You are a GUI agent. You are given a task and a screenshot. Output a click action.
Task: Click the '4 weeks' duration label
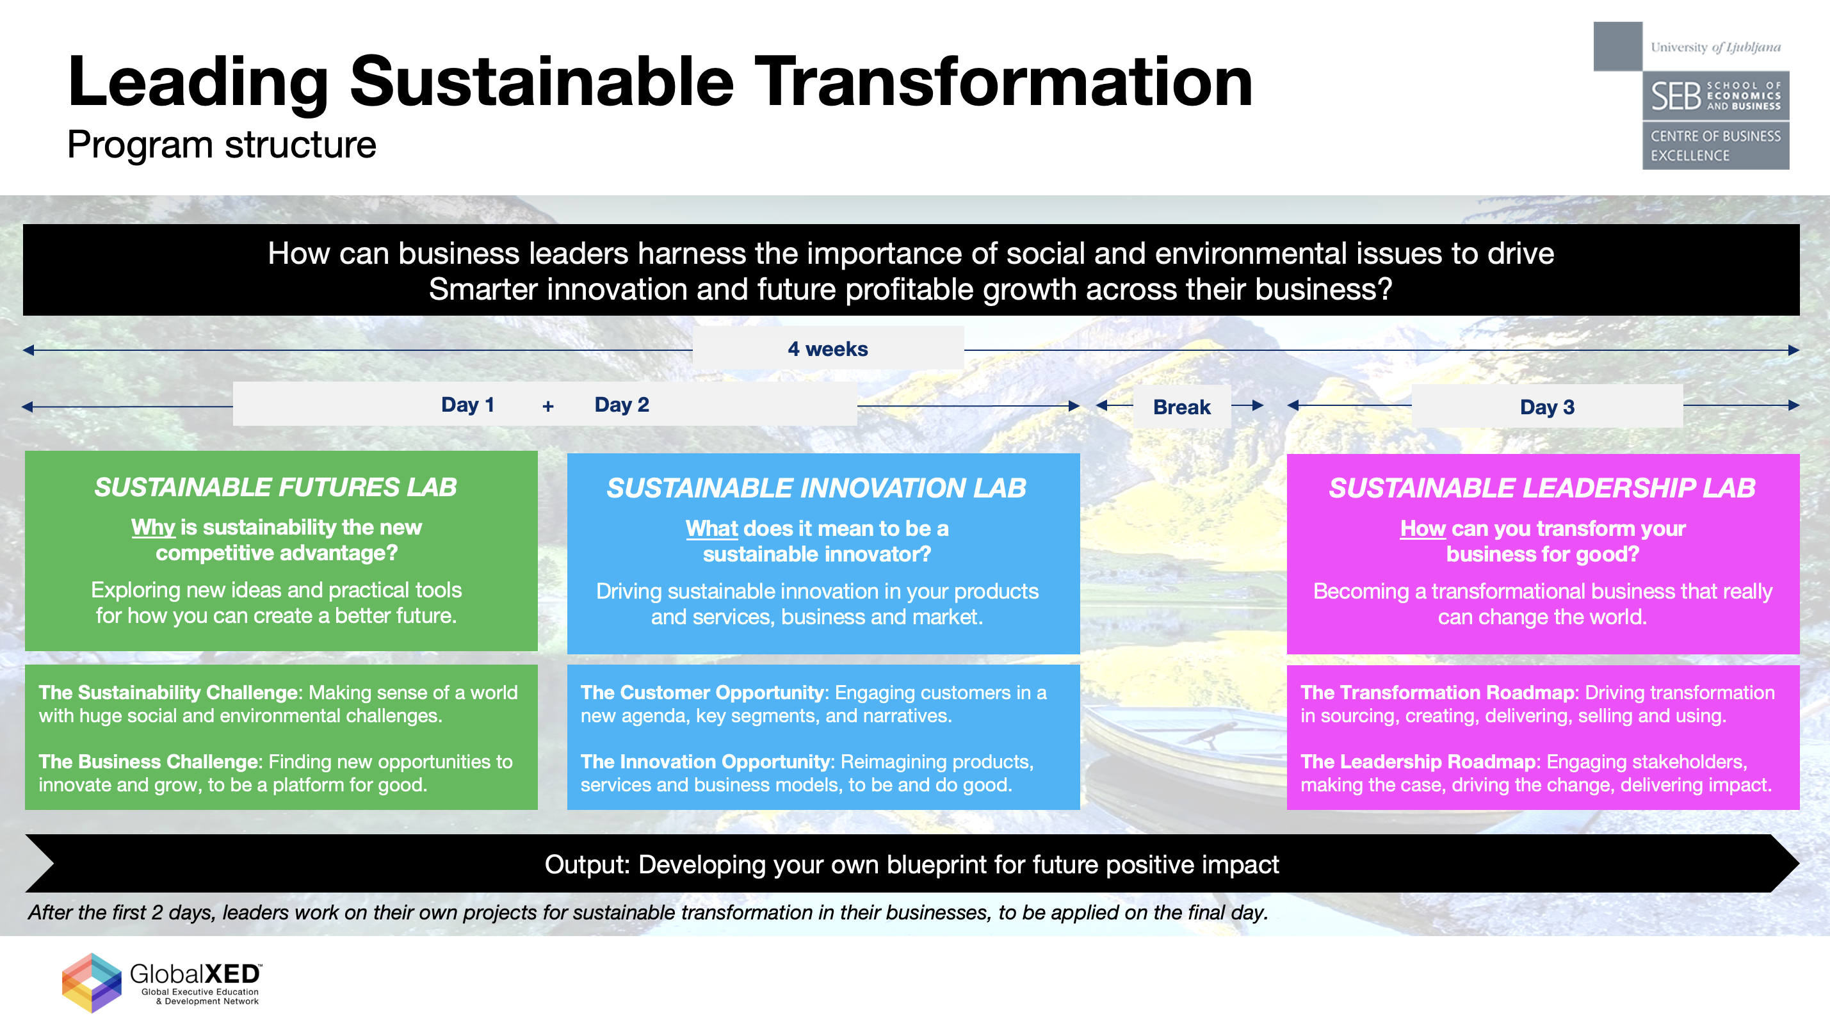coord(828,349)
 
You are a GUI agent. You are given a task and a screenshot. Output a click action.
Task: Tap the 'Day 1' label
coord(467,405)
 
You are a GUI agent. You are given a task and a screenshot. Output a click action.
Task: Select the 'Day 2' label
coord(622,405)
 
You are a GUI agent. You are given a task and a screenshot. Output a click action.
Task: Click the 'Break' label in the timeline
coord(1181,407)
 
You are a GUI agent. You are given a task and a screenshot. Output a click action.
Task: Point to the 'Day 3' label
coord(1546,407)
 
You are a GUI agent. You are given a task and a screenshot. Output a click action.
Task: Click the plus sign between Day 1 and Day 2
coord(547,407)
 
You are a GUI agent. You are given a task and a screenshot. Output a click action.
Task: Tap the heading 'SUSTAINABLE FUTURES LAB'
coord(275,487)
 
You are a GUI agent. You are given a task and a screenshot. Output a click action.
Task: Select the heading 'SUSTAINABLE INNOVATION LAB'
coord(816,488)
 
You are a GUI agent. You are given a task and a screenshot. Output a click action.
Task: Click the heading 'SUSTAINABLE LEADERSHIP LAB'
coord(1543,488)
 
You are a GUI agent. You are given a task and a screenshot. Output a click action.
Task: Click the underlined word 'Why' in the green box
coord(153,527)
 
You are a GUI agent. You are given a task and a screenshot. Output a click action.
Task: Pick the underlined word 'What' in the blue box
coord(712,528)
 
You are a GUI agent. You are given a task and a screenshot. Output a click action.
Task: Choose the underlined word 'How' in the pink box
coord(1423,528)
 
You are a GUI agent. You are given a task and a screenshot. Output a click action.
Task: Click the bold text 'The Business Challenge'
coord(150,761)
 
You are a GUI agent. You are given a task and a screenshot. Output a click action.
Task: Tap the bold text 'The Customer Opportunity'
coord(702,693)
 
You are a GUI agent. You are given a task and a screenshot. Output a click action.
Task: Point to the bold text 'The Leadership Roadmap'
coord(1418,761)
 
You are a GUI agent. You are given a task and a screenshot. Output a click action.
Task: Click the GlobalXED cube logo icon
coord(92,983)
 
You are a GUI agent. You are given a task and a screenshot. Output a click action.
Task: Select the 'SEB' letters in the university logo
coord(1675,96)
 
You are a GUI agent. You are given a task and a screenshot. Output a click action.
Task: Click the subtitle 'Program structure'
coord(222,145)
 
